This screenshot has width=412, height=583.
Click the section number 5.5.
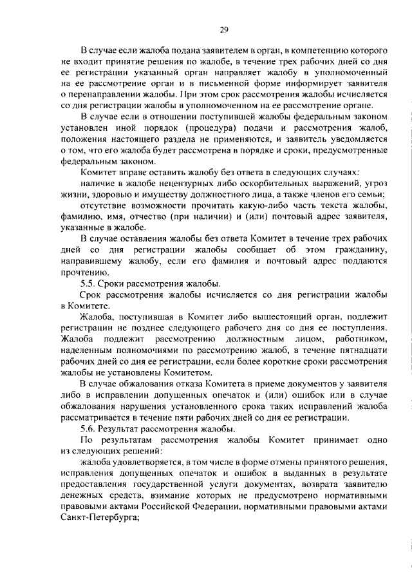(88, 283)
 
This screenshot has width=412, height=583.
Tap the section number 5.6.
(88, 429)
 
